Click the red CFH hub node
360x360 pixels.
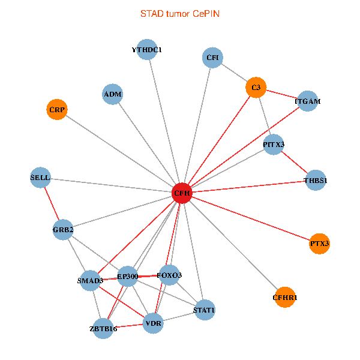pyautogui.click(x=182, y=193)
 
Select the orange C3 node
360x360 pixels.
pyautogui.click(x=256, y=88)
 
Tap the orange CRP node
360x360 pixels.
pyautogui.click(x=56, y=109)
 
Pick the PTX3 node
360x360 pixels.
pyautogui.click(x=320, y=244)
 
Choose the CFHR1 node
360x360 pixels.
pyautogui.click(x=284, y=297)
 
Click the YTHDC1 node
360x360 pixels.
pyautogui.click(x=147, y=50)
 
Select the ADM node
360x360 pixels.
pyautogui.click(x=112, y=94)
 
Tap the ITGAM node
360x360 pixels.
pyautogui.click(x=307, y=101)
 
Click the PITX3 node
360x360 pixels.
pyautogui.click(x=274, y=145)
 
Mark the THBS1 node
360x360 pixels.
pyautogui.click(x=316, y=180)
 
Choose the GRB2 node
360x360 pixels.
pyautogui.click(x=63, y=230)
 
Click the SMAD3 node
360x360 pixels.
pyautogui.click(x=90, y=280)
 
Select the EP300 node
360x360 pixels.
pyautogui.click(x=128, y=276)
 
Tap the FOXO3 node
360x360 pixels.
pyautogui.click(x=169, y=275)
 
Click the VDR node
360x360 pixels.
pyautogui.click(x=154, y=325)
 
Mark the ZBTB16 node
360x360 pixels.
pyautogui.click(x=103, y=328)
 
